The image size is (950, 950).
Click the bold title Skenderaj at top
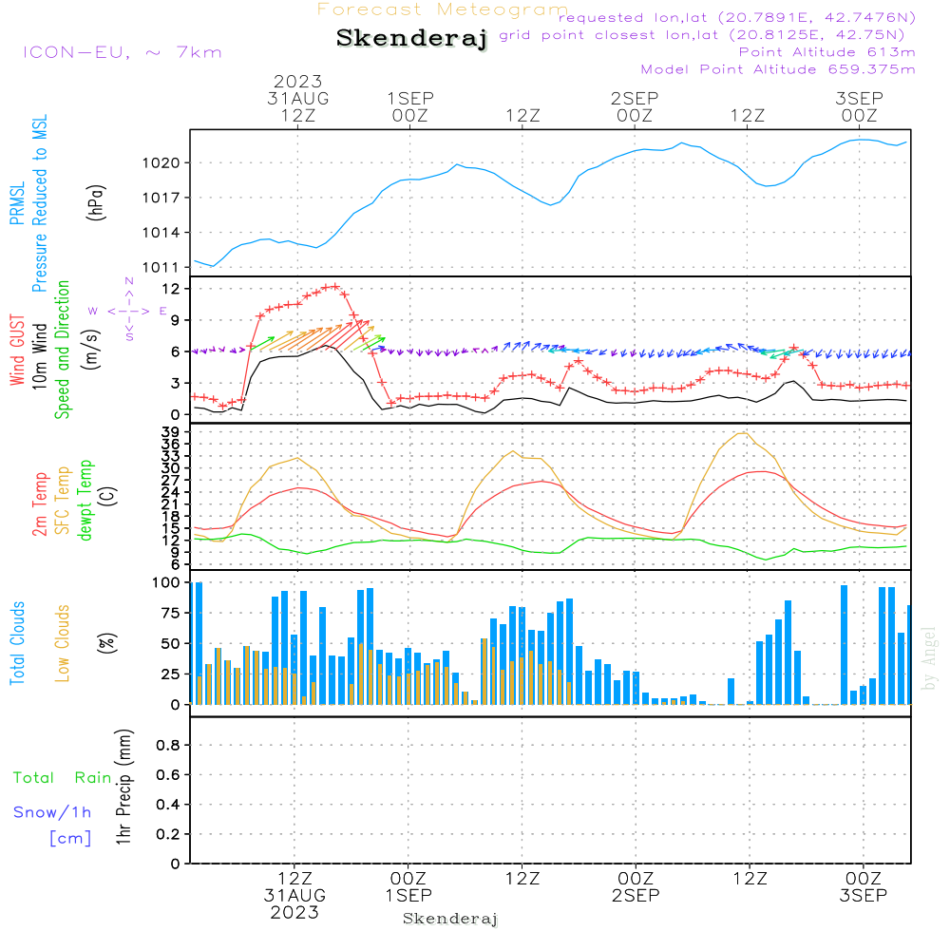411,38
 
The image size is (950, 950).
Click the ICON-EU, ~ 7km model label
122,51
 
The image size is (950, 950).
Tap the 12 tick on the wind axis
172,288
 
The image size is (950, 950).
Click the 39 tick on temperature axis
172,432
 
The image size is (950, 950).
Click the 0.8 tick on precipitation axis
168,745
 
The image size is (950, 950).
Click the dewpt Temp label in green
86,501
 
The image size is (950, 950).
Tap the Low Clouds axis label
64,642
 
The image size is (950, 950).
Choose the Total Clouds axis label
18,642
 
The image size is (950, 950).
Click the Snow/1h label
52,812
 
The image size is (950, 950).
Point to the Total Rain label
62,778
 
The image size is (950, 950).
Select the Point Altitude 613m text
826,51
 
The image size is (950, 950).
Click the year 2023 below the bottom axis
295,912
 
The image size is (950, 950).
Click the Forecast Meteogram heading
443,9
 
